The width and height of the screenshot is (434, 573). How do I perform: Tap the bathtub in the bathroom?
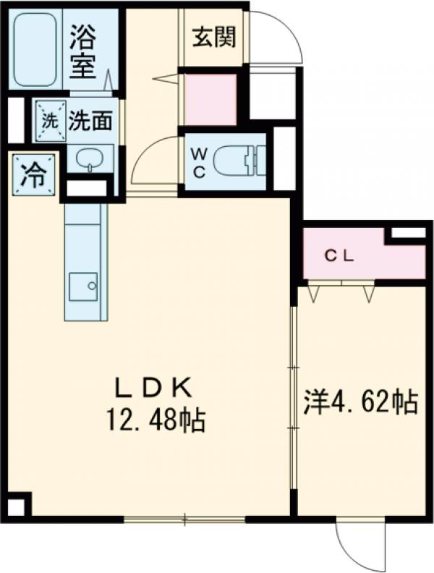[36, 48]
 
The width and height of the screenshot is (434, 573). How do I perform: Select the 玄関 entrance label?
[214, 35]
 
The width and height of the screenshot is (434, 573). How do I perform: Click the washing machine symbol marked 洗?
[49, 122]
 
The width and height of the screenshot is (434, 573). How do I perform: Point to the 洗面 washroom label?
[90, 122]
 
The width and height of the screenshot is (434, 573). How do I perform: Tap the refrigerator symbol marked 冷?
[33, 175]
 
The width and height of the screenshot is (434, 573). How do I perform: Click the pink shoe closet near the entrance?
[210, 99]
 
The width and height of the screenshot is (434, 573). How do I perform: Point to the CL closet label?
[338, 255]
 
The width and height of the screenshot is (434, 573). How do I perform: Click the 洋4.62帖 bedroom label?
[360, 402]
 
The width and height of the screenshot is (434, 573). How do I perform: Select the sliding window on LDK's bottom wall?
[184, 518]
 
